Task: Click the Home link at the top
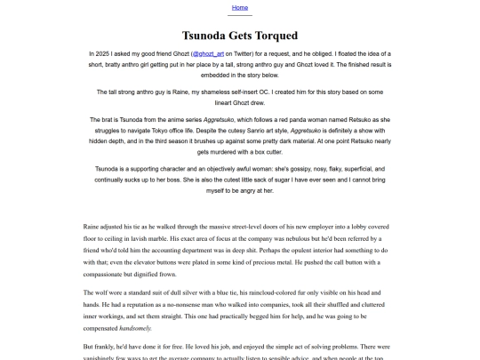click(x=240, y=7)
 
